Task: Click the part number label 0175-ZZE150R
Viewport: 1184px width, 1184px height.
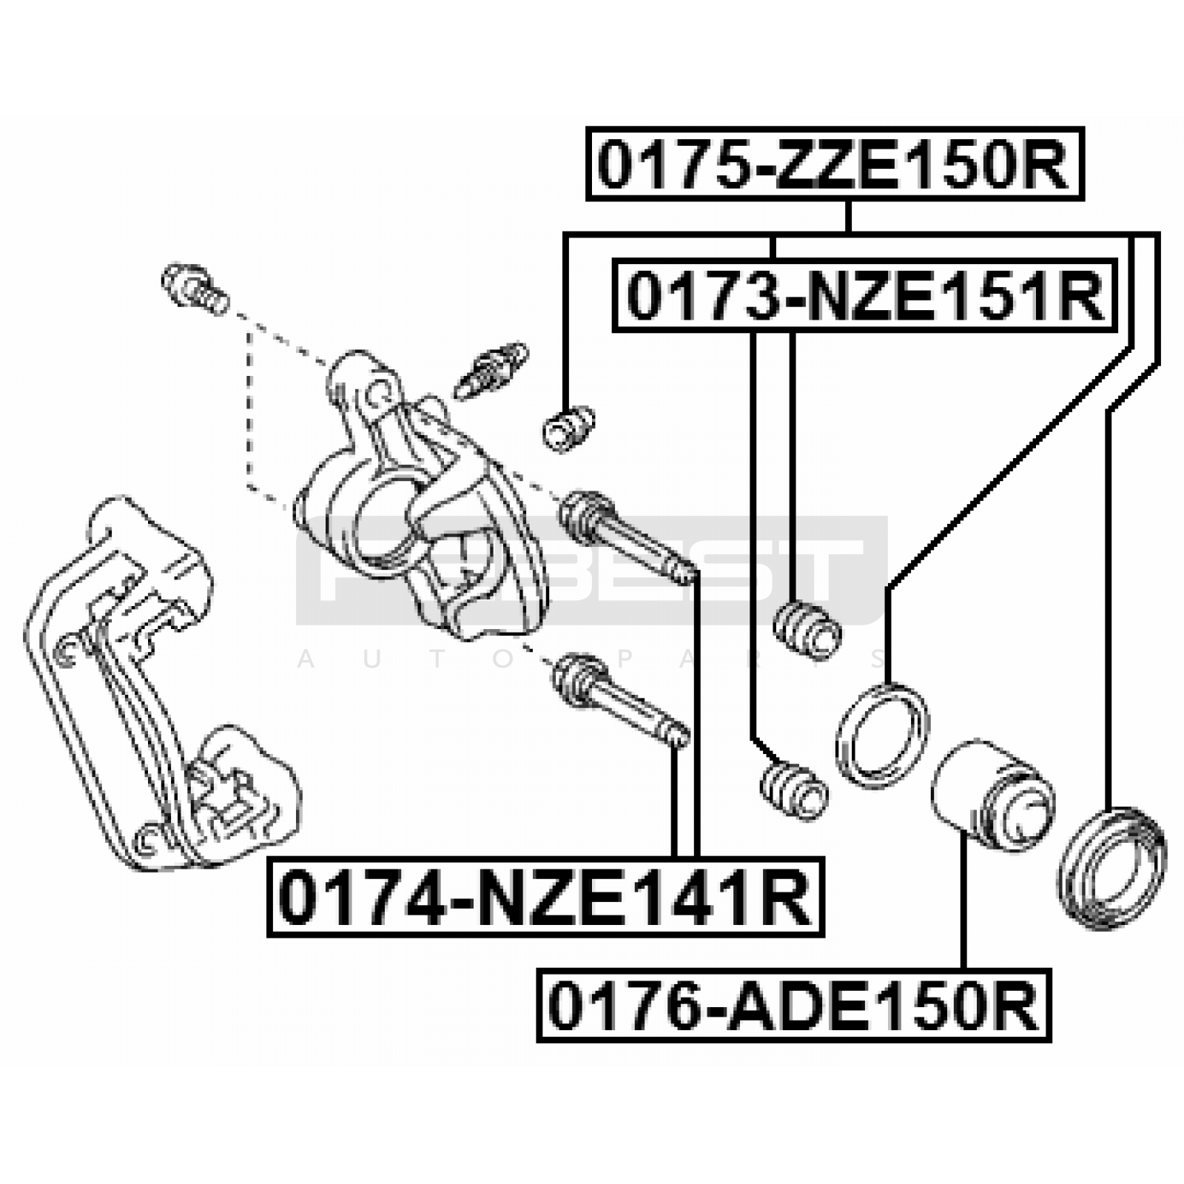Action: coord(835,164)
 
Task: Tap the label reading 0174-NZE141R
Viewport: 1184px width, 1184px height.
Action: coord(545,897)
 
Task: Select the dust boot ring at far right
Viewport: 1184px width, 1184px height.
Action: coord(1112,867)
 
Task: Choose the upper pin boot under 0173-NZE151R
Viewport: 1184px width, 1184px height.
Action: coord(807,630)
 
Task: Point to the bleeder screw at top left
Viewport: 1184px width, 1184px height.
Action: coord(195,292)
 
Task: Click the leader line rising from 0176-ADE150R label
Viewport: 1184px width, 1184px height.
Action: coord(964,900)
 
